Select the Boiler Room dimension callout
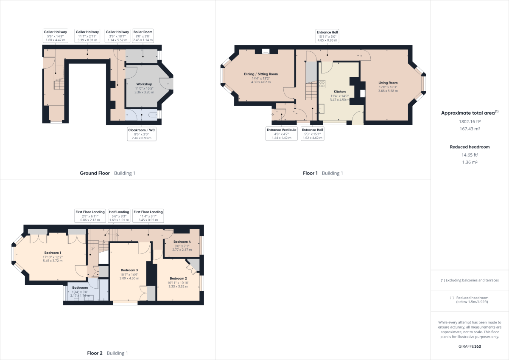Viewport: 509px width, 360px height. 143,36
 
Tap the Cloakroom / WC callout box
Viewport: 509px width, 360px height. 142,134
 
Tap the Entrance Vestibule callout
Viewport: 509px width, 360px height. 281,134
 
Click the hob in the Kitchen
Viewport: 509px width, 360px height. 322,84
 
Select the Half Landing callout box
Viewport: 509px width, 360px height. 119,215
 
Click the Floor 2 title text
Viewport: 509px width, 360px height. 95,353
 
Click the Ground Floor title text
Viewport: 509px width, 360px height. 95,173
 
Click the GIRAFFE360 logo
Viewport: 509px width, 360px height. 470,346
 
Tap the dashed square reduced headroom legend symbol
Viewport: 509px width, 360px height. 452,298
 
